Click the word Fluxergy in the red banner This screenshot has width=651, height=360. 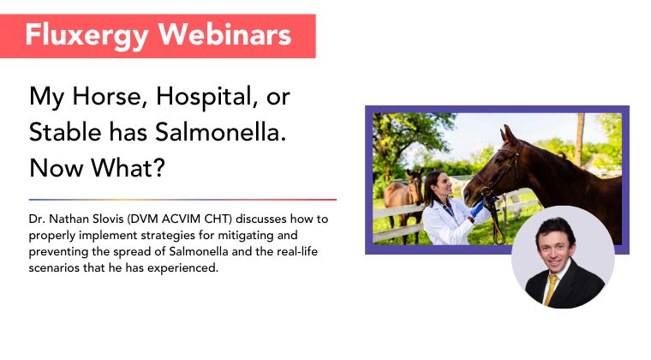[87, 36]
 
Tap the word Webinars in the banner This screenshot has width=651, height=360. [225, 34]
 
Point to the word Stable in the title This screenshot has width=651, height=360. [65, 132]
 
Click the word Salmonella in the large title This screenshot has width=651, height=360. [221, 132]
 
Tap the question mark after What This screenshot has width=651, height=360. [159, 168]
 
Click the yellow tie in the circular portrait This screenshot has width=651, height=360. [551, 290]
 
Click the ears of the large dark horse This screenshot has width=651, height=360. [510, 134]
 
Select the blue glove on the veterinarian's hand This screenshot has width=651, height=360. [478, 207]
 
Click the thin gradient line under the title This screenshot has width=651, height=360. [182, 200]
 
